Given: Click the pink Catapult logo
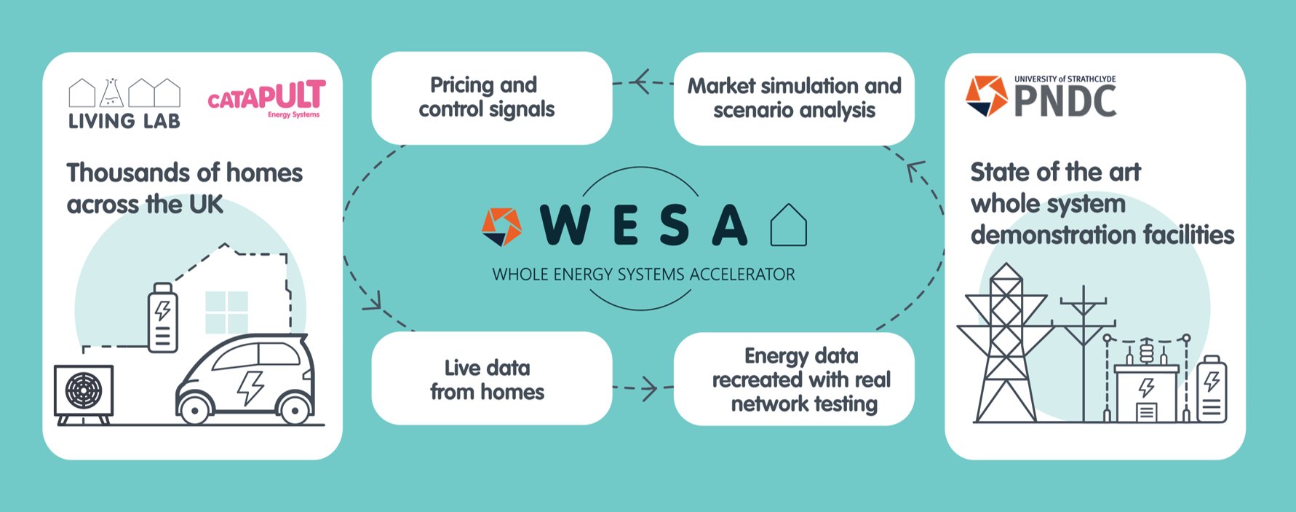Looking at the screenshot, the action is point(266,99).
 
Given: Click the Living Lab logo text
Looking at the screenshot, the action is point(124,121).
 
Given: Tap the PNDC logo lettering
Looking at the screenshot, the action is point(1065,101).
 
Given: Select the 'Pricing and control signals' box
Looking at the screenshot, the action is point(492,98).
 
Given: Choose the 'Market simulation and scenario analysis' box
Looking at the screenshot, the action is point(794,98).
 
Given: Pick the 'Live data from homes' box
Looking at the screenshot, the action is point(492,378).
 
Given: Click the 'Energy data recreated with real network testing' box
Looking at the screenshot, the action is point(794,379).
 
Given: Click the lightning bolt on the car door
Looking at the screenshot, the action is point(250,387).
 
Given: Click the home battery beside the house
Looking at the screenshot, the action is point(162,318).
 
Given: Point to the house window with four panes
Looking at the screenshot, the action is point(226,312).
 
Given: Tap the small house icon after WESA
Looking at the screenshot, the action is point(789,225).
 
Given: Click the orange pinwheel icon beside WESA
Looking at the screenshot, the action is point(502,227).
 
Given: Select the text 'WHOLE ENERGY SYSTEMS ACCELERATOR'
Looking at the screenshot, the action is point(643,275).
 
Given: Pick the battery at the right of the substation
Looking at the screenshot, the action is point(1212,389).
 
